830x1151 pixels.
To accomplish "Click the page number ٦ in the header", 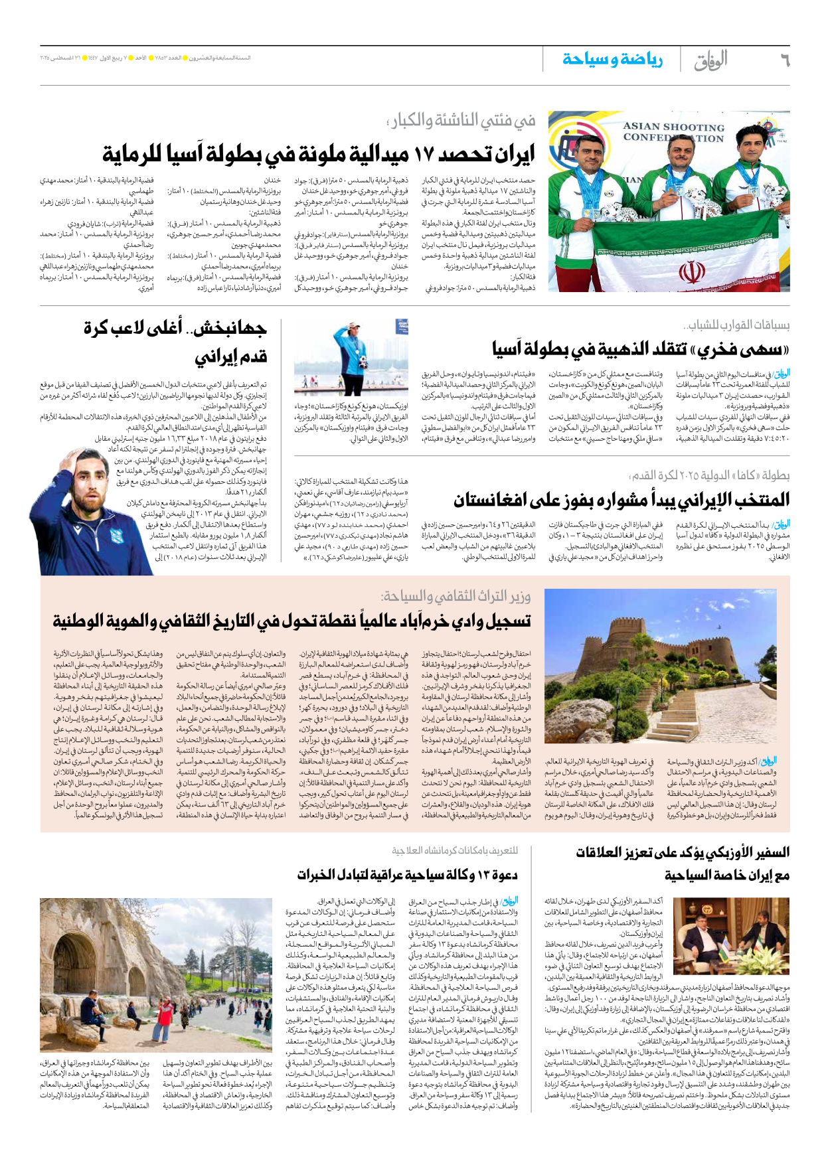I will [x=784, y=60].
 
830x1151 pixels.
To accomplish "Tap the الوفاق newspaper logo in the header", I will [x=710, y=60].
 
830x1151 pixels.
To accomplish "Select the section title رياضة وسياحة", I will [x=612, y=60].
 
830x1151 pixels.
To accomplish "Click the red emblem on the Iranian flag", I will [x=690, y=273].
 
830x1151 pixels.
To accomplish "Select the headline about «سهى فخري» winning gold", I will [x=641, y=348].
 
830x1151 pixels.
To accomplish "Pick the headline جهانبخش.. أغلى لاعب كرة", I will [x=175, y=328].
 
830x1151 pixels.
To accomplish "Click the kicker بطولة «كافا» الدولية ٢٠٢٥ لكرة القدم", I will [x=709, y=475].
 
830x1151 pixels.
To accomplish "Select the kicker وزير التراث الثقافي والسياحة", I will [x=457, y=596].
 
